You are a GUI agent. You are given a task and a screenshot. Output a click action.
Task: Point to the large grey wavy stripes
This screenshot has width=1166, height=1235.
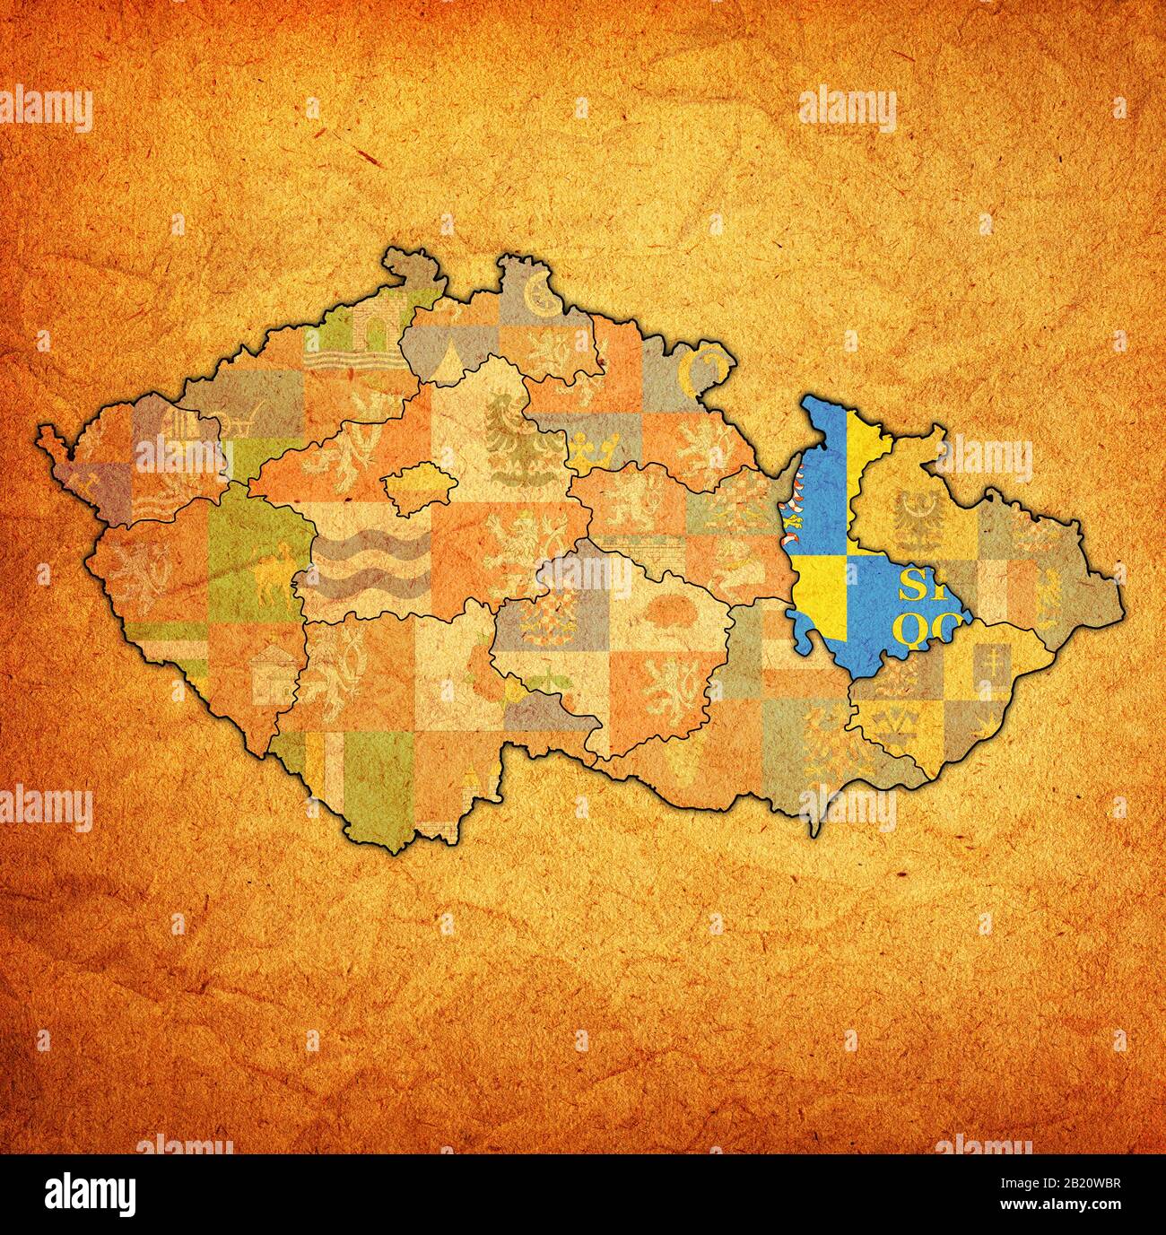363,566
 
